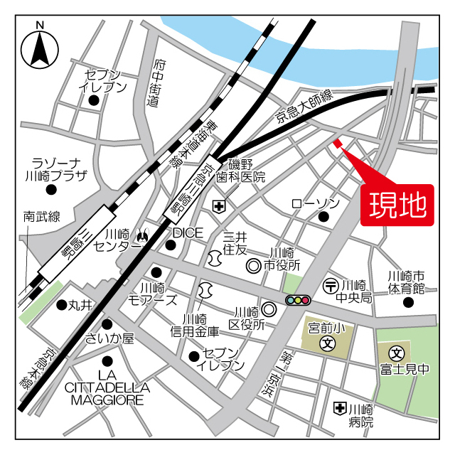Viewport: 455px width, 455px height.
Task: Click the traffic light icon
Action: tap(298, 300)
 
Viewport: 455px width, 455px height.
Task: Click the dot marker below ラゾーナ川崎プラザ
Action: tap(50, 189)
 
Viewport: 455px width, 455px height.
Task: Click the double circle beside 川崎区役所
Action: tap(268, 309)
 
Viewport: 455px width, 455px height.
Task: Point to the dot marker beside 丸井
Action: tap(61, 304)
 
